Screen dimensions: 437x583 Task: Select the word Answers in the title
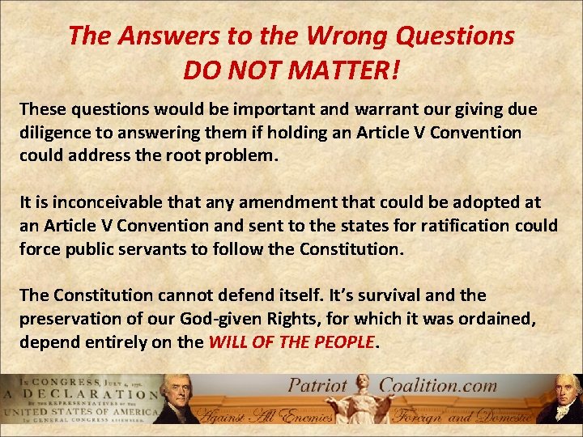[174, 36]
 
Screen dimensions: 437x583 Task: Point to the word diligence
[54, 132]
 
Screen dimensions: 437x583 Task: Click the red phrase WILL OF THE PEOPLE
[293, 342]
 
